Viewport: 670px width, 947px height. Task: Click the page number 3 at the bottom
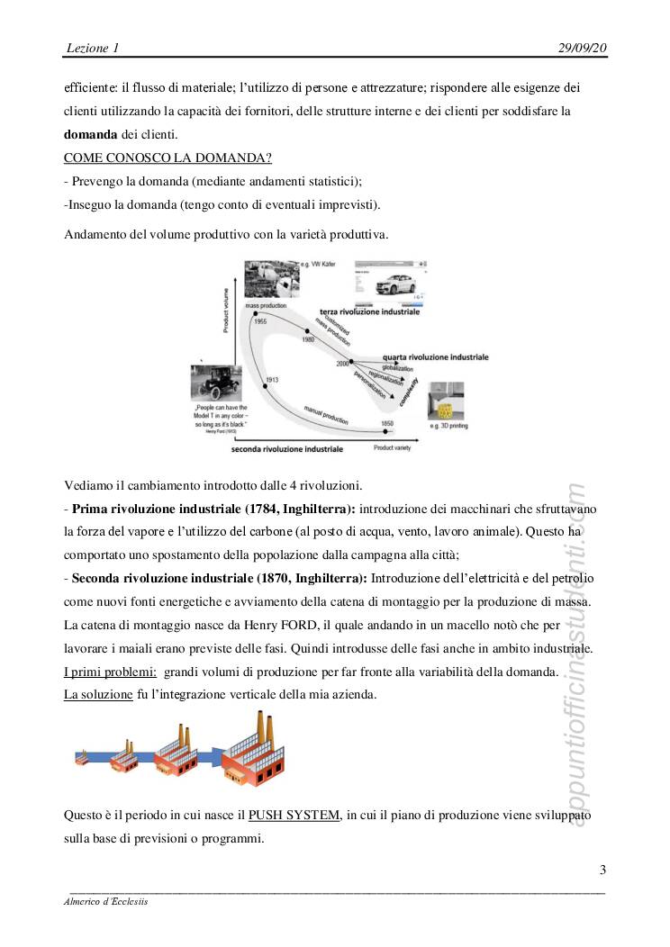coord(602,870)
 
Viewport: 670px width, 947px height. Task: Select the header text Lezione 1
coord(93,47)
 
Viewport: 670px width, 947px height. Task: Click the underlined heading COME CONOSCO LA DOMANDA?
coord(168,158)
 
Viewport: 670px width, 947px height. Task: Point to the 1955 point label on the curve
coord(259,320)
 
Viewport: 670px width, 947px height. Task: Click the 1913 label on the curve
coord(272,381)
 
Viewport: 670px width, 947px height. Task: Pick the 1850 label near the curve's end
coord(386,422)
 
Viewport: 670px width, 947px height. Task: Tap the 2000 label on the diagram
coord(341,363)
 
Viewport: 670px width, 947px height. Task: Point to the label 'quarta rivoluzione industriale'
coord(436,356)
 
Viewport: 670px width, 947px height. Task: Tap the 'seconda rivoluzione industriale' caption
coord(287,447)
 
